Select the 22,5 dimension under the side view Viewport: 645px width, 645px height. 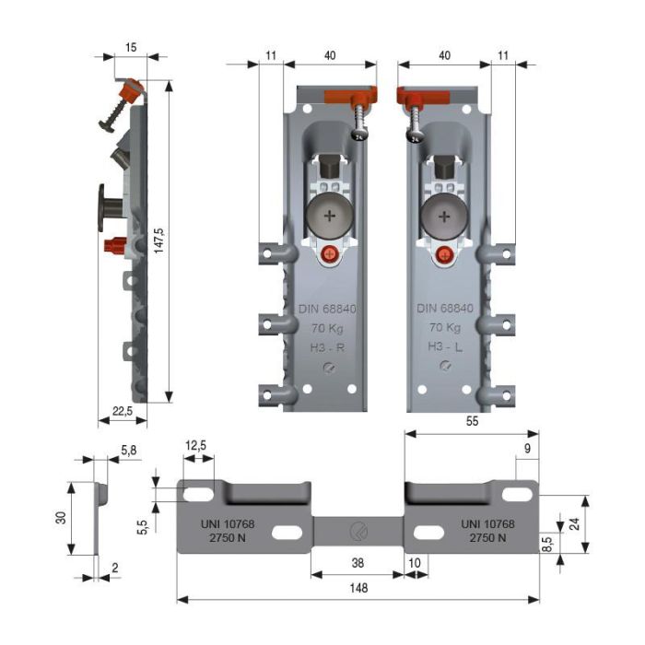122,411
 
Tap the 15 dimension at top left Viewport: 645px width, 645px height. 130,47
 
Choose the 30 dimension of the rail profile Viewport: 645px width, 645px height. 59,518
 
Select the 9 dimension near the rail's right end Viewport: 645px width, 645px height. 526,448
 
